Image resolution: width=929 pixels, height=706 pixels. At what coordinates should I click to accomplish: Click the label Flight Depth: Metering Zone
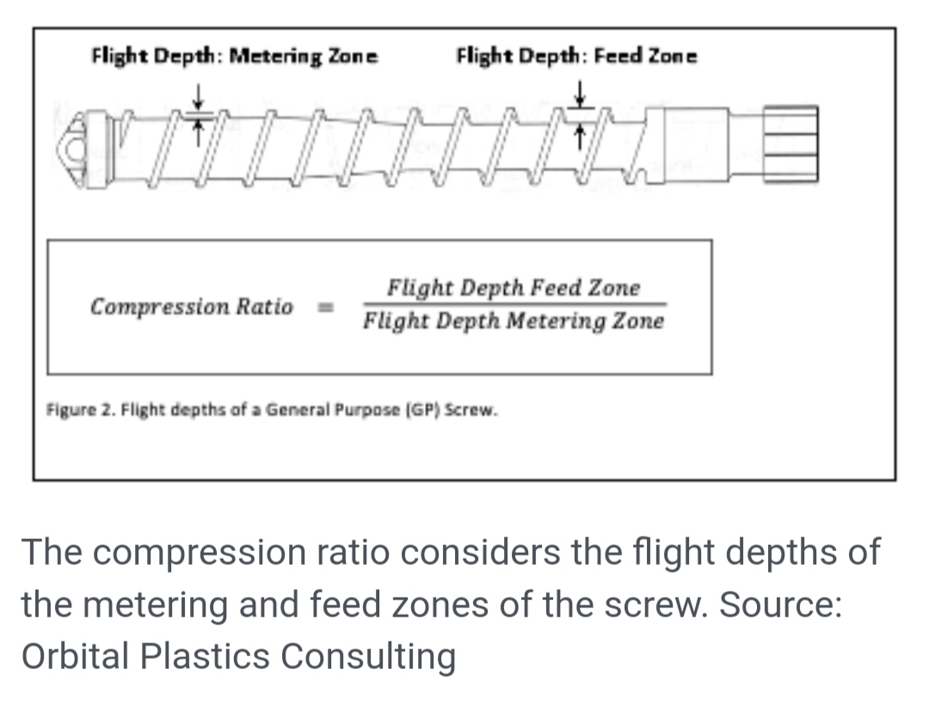234,58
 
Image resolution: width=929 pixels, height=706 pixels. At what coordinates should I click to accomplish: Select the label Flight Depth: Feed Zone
576,58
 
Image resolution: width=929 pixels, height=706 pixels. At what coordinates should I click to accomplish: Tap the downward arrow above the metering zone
198,93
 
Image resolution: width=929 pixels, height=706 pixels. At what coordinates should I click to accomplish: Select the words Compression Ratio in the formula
192,307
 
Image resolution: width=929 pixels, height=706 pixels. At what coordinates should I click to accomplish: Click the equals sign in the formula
327,307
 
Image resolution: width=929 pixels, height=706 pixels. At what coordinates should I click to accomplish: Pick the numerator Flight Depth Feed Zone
514,287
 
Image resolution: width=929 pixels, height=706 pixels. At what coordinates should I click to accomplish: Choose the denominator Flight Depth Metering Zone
514,322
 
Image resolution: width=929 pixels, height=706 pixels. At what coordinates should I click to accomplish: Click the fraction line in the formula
514,304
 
